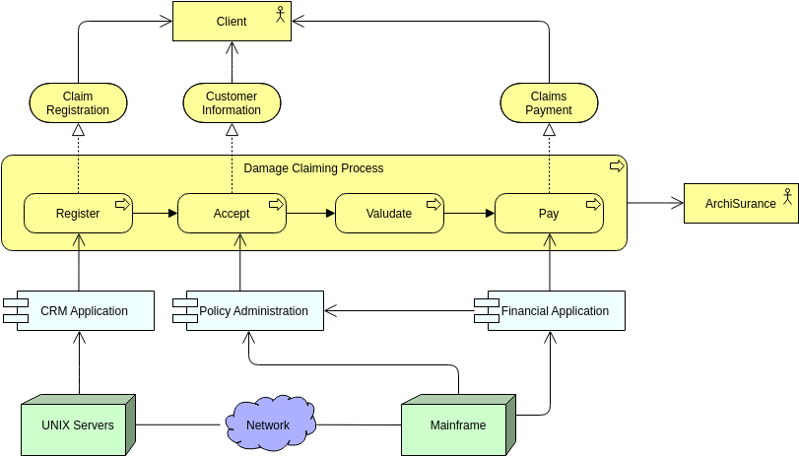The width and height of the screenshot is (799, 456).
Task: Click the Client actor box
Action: [232, 22]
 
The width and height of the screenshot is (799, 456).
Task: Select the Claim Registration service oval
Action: [78, 103]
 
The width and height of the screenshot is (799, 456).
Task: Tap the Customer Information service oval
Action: [232, 103]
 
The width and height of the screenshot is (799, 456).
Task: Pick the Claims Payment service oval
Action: [549, 103]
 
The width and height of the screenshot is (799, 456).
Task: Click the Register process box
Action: [78, 213]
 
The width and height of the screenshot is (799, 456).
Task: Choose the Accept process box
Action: [232, 213]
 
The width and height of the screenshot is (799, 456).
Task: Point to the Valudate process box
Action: [389, 213]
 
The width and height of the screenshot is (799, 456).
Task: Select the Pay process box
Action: [549, 213]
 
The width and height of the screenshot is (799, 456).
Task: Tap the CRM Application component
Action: [84, 310]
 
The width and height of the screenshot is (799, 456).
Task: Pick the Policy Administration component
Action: [253, 310]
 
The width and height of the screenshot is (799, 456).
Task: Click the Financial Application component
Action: [555, 310]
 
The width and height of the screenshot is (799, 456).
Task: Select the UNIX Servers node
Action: [77, 425]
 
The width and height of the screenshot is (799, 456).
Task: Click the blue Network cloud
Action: [268, 424]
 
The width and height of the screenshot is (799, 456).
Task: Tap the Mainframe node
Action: [458, 425]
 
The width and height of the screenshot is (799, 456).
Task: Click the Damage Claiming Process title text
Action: [313, 168]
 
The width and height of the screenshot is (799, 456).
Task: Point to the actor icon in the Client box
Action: [280, 14]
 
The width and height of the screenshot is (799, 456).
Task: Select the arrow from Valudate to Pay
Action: [469, 213]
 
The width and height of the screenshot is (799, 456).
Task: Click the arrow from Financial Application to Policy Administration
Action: [399, 311]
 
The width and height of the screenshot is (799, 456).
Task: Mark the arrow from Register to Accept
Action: [155, 213]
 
